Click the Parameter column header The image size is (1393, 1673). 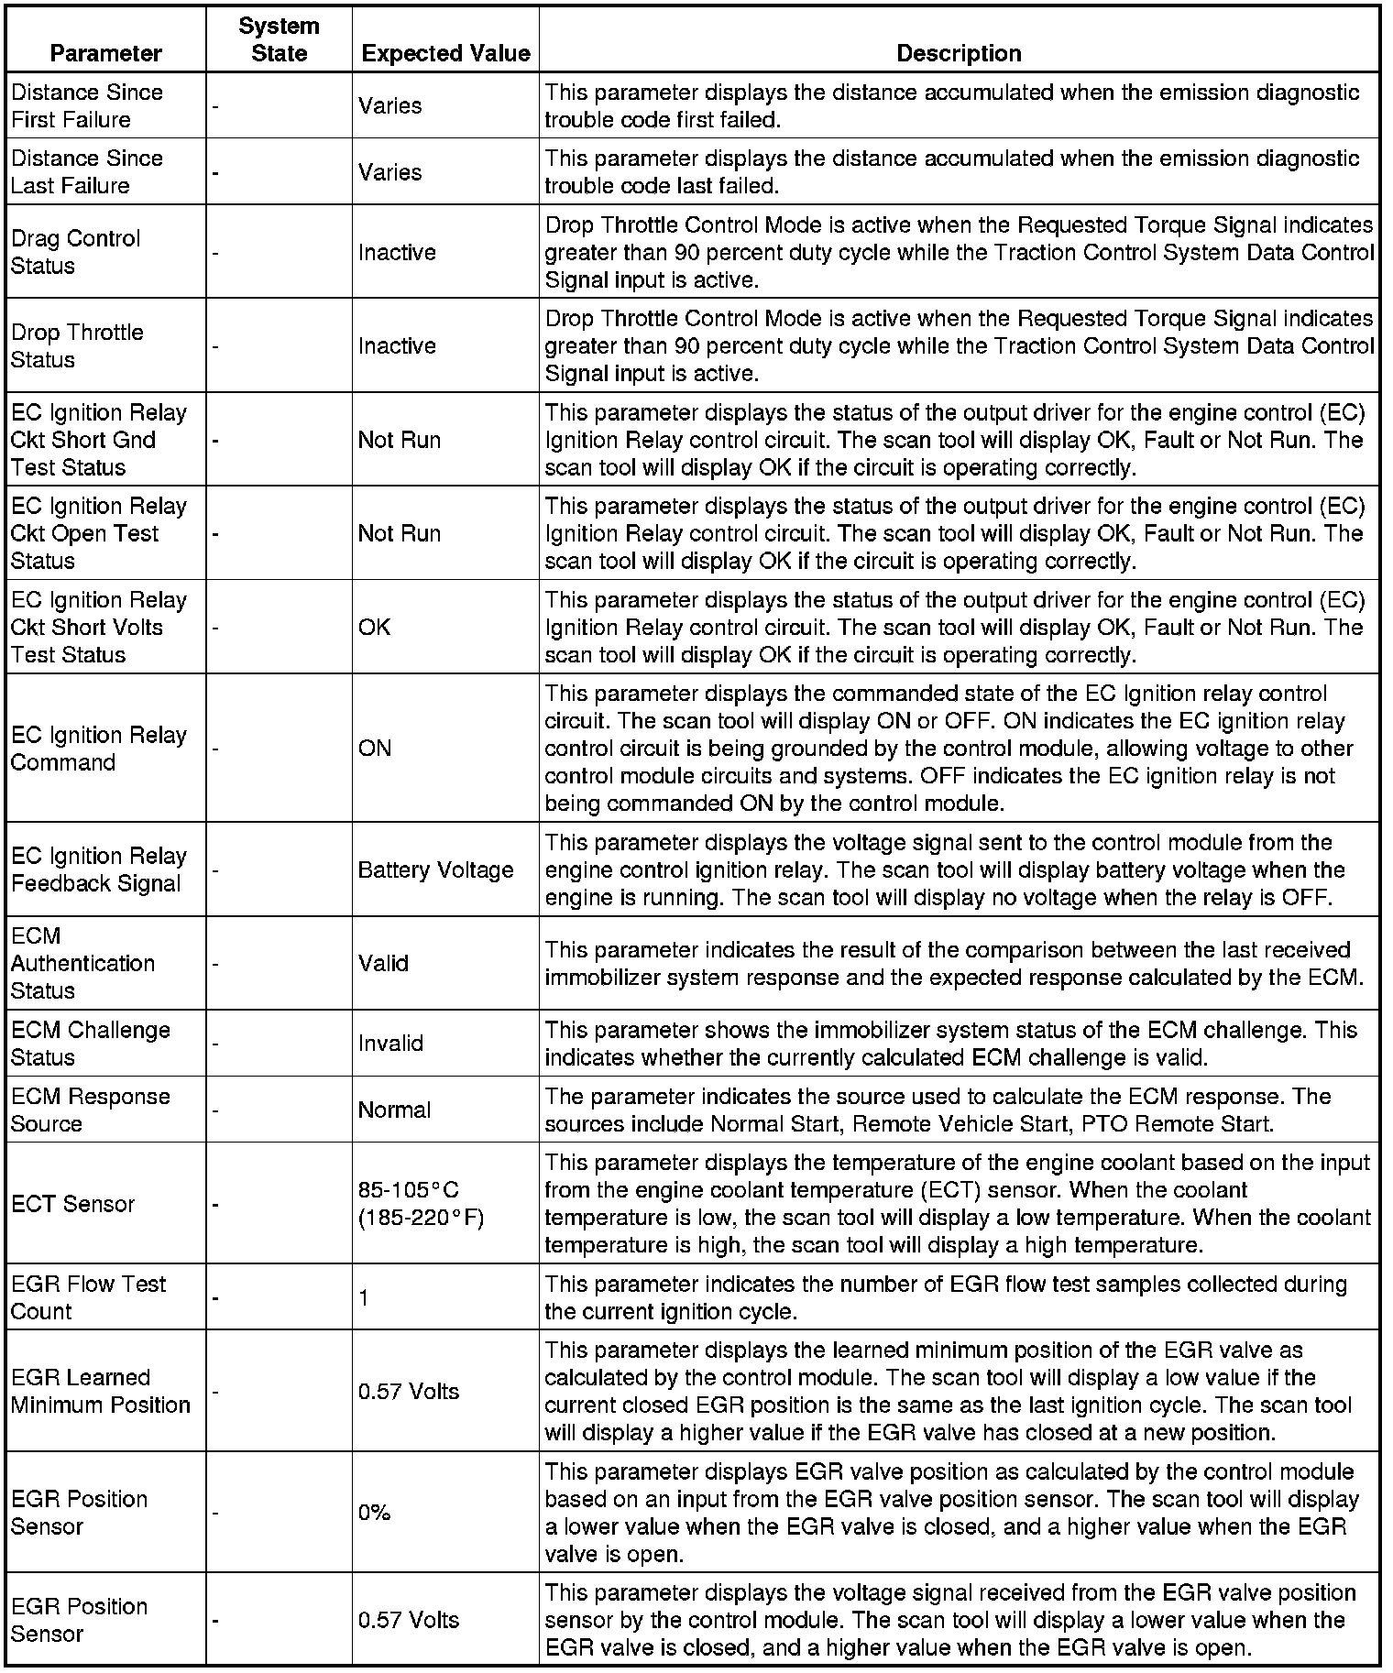[x=105, y=53]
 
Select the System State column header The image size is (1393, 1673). [x=279, y=39]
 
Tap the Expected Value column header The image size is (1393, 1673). [x=445, y=53]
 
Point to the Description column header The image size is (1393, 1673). [x=959, y=53]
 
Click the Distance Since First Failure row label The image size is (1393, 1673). [x=86, y=106]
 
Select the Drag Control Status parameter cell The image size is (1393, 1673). [x=76, y=252]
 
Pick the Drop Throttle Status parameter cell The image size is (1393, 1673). [x=77, y=345]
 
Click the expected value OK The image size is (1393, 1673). [x=374, y=628]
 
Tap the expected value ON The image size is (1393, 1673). [x=375, y=749]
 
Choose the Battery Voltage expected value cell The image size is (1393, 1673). [x=435, y=869]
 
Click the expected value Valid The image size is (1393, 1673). [x=383, y=963]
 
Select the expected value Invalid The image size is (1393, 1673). [x=390, y=1044]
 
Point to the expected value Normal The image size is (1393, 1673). [x=394, y=1110]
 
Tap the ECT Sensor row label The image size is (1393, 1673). [x=72, y=1204]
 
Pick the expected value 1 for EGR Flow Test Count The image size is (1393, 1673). [x=364, y=1297]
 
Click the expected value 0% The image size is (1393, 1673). [x=375, y=1513]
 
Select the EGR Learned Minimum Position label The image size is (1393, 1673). [x=100, y=1391]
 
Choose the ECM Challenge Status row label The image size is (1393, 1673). [x=90, y=1044]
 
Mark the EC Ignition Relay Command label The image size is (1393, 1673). [x=98, y=749]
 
